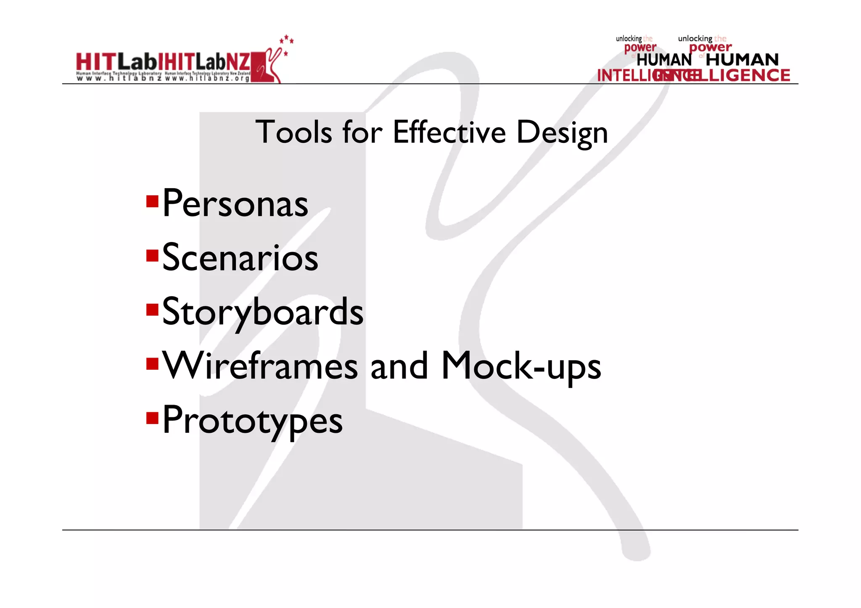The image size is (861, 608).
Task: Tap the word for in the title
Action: tap(362, 132)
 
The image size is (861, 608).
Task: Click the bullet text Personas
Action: tap(235, 204)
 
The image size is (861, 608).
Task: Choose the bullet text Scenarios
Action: tap(240, 258)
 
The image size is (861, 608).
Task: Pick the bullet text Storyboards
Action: tap(263, 312)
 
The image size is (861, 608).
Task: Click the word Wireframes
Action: tap(260, 366)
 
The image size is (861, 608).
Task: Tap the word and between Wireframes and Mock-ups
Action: tap(399, 366)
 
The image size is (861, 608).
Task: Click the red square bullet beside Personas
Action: tap(152, 202)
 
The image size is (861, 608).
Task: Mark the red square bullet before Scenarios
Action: tap(152, 255)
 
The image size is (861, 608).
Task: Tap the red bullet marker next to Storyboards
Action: tap(152, 310)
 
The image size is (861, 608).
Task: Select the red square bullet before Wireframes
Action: tap(152, 364)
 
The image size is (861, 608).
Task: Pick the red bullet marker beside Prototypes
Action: tap(152, 418)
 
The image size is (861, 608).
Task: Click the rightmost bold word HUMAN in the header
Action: tap(742, 60)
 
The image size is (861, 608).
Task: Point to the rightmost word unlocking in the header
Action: tap(695, 39)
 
